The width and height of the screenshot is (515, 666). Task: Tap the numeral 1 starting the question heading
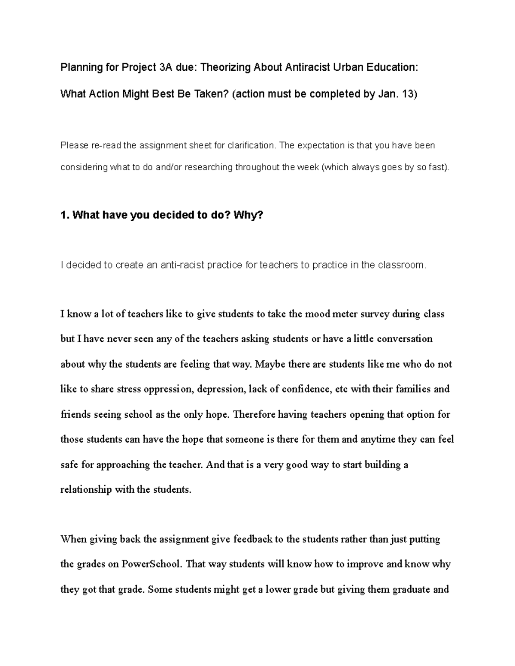tap(64, 215)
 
